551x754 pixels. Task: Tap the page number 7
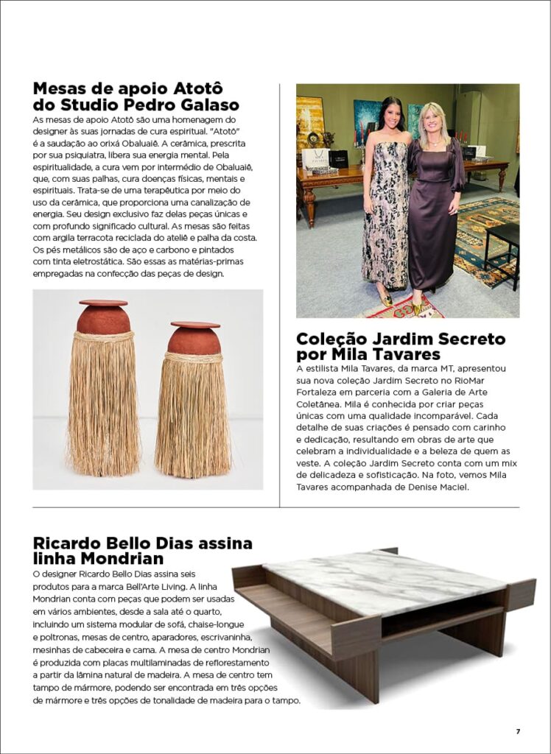point(518,731)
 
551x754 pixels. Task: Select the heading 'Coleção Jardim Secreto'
point(401,339)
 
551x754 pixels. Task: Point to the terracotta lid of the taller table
point(104,303)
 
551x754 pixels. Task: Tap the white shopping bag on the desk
point(315,158)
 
